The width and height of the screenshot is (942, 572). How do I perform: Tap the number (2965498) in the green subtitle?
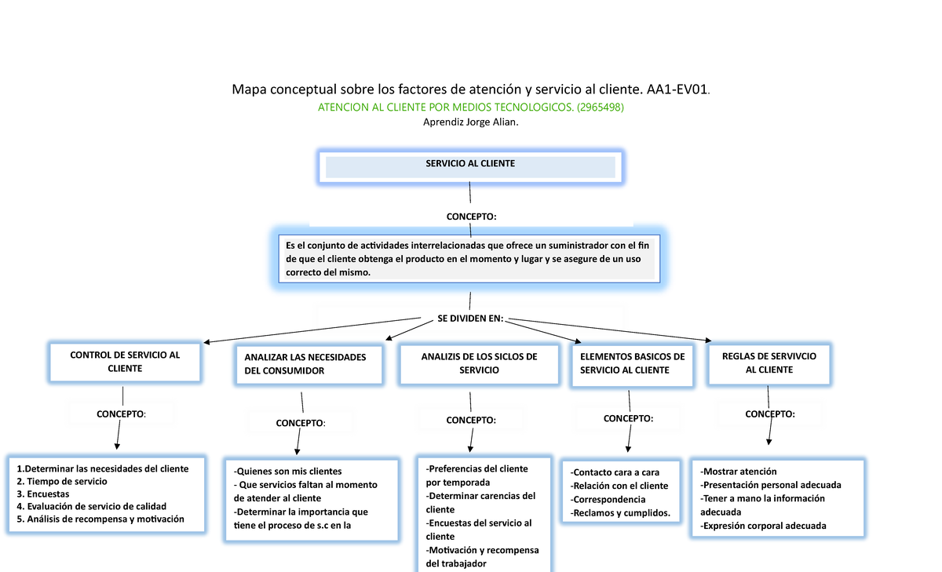[600, 107]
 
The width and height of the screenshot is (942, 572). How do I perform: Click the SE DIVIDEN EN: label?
[469, 319]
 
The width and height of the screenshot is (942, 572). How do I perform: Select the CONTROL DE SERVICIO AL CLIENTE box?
[125, 362]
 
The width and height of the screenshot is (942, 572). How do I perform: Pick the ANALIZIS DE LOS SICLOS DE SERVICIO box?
[479, 363]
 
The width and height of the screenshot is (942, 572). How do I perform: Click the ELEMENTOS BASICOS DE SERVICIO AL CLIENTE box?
[632, 363]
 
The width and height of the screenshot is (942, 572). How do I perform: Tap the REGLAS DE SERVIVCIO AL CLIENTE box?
[769, 363]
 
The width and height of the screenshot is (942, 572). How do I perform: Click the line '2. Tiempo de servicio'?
[62, 481]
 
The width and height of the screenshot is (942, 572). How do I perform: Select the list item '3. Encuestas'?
[43, 494]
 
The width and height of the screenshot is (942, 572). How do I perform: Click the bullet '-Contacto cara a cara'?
[615, 472]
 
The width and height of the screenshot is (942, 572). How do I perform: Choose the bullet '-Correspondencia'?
[608, 499]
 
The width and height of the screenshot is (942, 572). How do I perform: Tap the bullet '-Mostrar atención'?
[738, 472]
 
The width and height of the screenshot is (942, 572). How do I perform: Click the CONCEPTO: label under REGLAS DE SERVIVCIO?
[769, 414]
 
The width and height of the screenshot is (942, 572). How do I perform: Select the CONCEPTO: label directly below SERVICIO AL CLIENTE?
[471, 216]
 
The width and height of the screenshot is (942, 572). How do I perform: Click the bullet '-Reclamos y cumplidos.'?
[620, 513]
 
